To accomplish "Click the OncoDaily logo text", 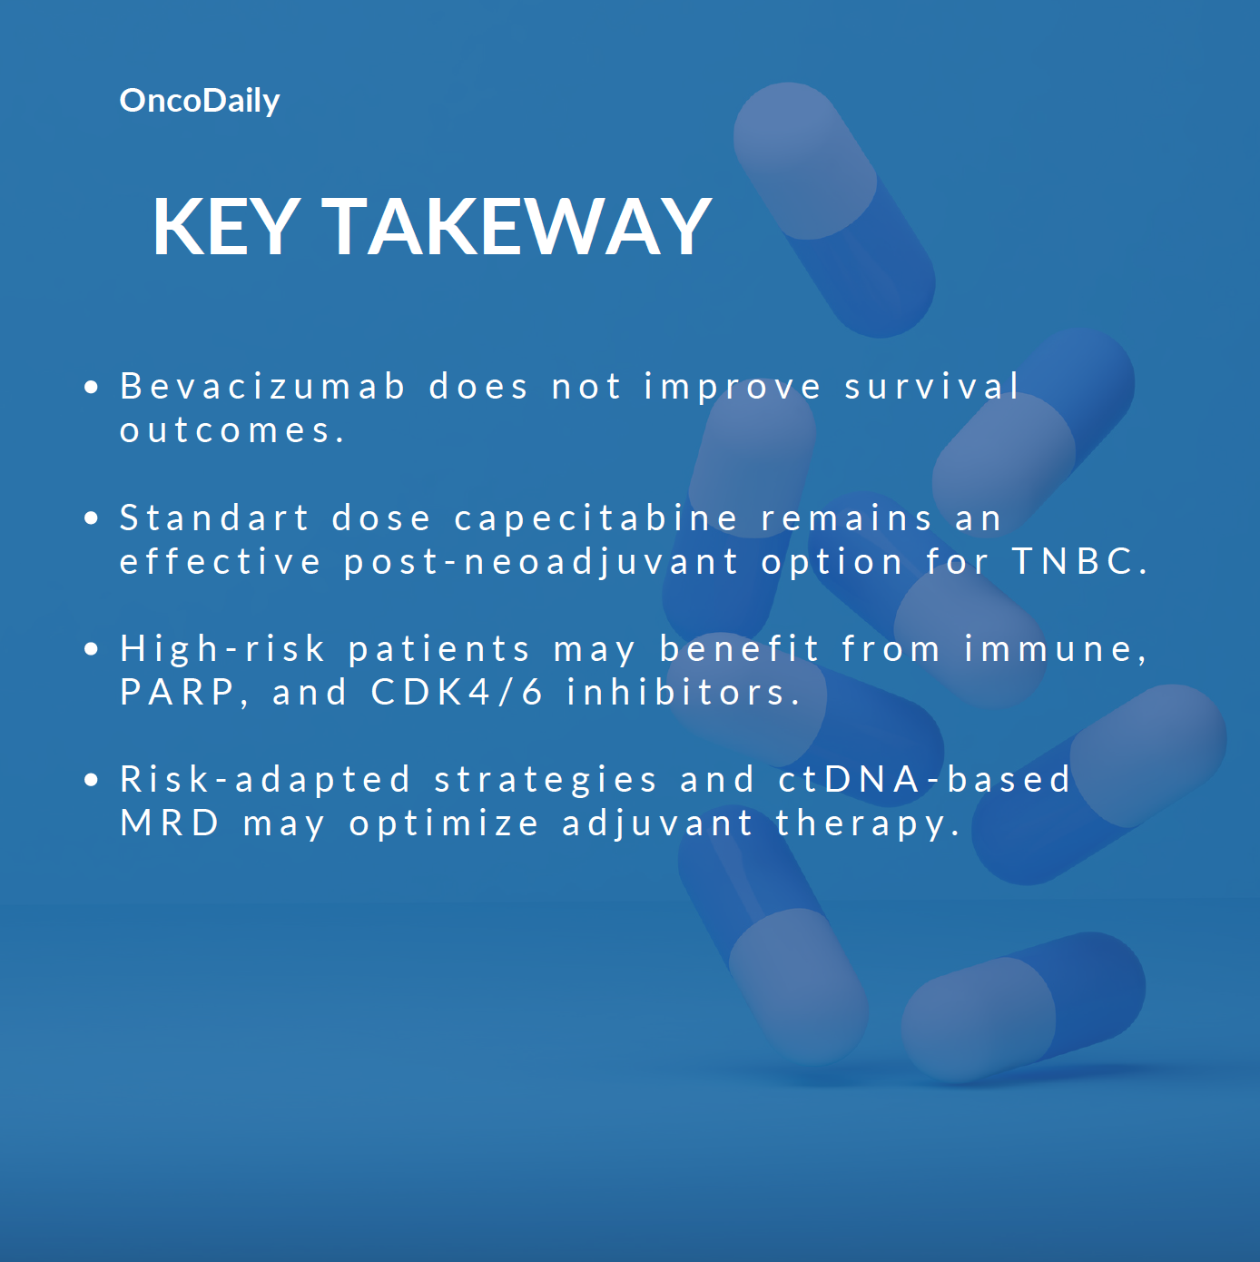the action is click(200, 102).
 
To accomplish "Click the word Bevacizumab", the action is click(262, 386).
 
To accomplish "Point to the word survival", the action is click(932, 386).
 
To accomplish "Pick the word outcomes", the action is click(231, 431).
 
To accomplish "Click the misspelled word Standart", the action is click(214, 518).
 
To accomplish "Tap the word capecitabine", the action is click(596, 519).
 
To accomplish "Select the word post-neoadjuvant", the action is click(541, 563).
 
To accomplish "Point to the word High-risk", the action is click(222, 650).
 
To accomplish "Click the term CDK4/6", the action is click(457, 693).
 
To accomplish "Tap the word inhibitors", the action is click(683, 693).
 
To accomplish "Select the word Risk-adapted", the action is click(265, 781).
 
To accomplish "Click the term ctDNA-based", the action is click(923, 780).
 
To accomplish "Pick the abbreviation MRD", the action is click(170, 823).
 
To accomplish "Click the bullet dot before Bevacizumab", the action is click(91, 387).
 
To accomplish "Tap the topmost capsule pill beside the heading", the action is click(834, 211).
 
